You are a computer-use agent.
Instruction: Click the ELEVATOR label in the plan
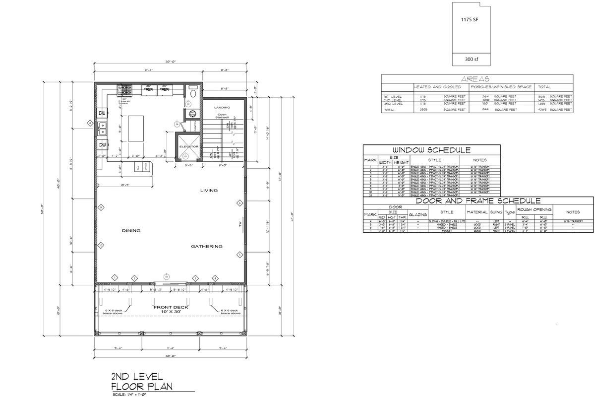click(x=188, y=147)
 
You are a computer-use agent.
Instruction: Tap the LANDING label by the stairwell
click(x=222, y=107)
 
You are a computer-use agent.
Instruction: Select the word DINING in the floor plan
click(x=131, y=230)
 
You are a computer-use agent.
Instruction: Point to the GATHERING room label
click(x=207, y=246)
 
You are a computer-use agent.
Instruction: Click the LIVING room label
click(x=209, y=190)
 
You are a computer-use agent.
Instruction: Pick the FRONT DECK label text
click(x=170, y=307)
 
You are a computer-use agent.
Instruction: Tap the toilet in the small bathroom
click(x=193, y=93)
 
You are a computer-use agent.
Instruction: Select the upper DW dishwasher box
click(x=102, y=114)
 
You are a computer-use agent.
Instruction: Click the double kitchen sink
click(x=102, y=129)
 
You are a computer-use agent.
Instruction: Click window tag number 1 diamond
click(x=115, y=277)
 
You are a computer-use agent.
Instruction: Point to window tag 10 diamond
click(x=100, y=245)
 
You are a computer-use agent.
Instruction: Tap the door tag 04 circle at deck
click(x=167, y=276)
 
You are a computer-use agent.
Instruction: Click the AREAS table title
click(x=476, y=79)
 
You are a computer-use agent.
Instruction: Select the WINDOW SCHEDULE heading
click(x=431, y=150)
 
